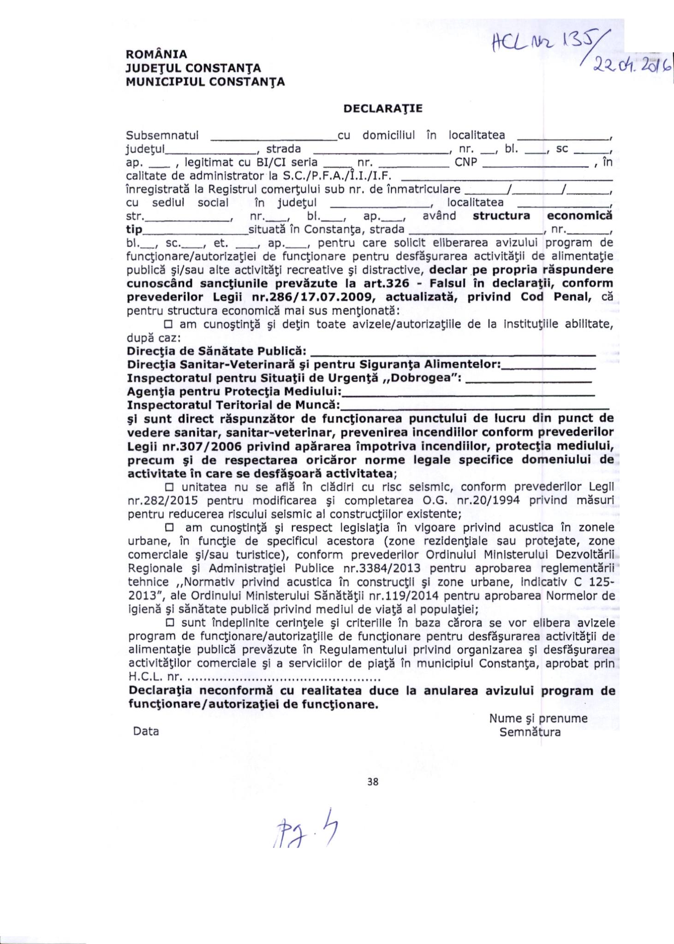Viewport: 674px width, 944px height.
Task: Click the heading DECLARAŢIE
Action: [383, 109]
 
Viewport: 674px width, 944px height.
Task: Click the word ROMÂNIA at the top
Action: [157, 54]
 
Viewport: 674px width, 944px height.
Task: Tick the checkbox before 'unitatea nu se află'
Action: [169, 487]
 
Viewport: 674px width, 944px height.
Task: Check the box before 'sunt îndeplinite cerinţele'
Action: [169, 623]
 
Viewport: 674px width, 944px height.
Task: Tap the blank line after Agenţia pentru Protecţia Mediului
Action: [468, 393]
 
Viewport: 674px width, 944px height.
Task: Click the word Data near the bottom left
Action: [146, 731]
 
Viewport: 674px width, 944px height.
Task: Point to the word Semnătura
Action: [530, 732]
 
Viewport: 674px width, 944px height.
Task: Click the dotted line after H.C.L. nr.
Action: [284, 678]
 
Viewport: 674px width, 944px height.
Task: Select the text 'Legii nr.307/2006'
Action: [172, 446]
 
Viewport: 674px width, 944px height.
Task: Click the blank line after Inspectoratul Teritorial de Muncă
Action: [475, 407]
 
